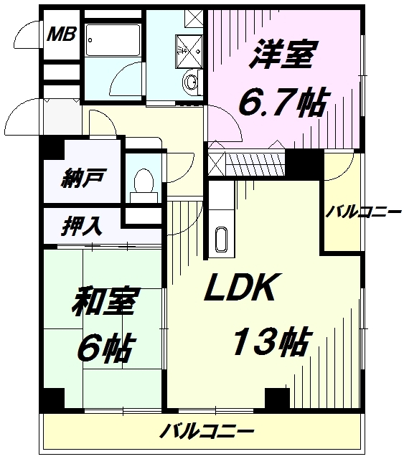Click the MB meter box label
(62, 34)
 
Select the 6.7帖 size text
(283, 102)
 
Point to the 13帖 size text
(272, 341)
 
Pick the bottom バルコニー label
(207, 431)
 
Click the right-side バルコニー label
(363, 212)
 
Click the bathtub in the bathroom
(113, 40)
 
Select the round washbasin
(191, 81)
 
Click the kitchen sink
(221, 239)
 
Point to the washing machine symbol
(189, 50)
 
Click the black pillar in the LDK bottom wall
(278, 398)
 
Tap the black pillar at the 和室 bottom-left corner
(52, 399)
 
